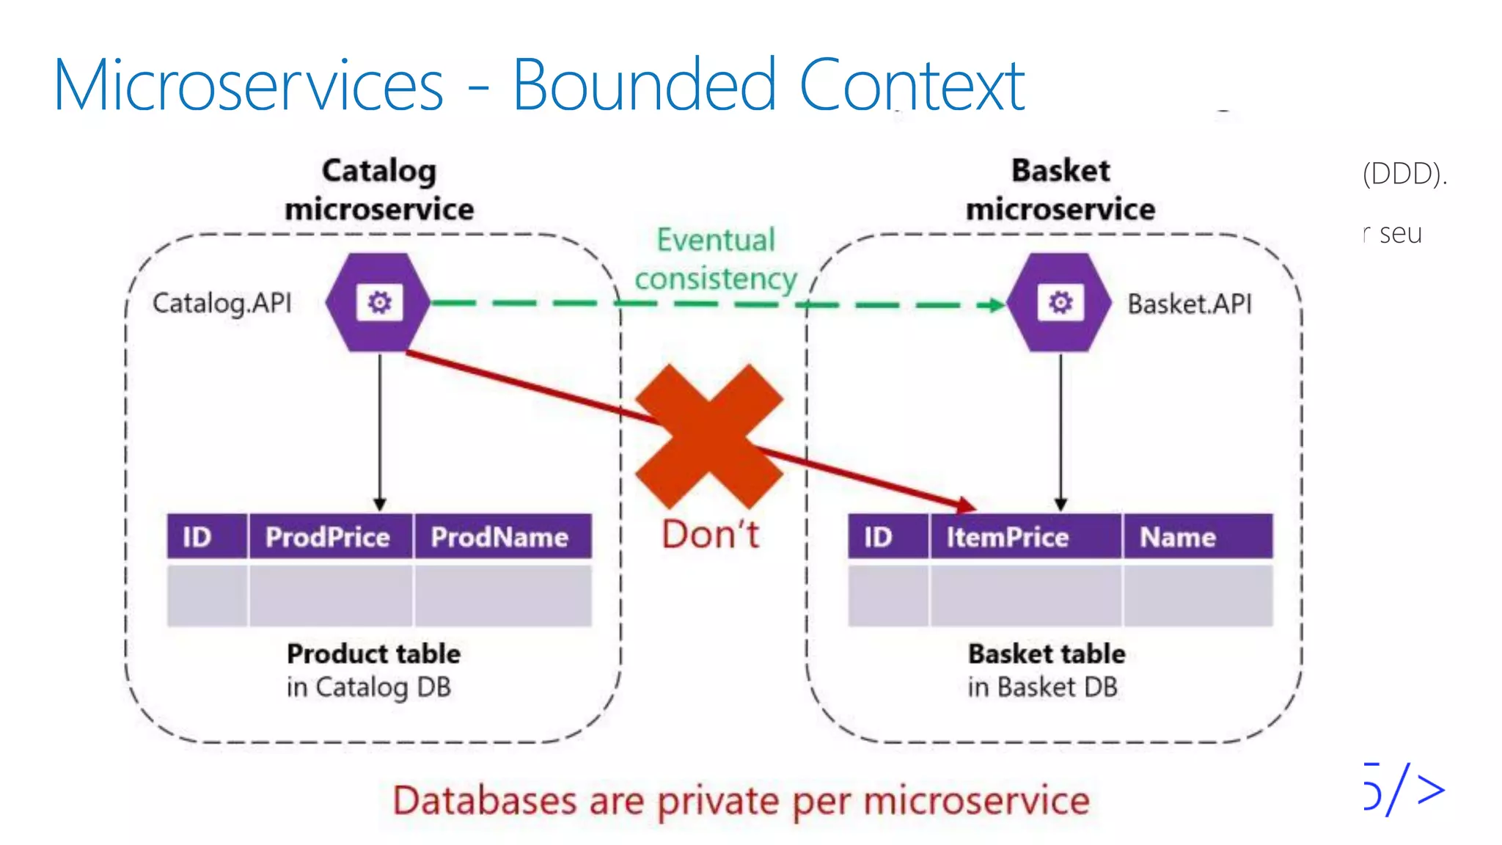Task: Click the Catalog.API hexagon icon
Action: [378, 302]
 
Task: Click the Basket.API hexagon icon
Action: [1060, 302]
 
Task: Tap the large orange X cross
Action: [709, 436]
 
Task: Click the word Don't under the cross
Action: [710, 534]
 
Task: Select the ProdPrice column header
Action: [328, 537]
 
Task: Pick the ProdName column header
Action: [499, 537]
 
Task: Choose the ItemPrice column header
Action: [1007, 537]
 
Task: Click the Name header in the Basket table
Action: [1178, 537]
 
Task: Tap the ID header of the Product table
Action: [197, 537]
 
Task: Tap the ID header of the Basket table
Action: [878, 537]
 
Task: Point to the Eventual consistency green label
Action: [716, 260]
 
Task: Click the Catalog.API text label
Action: [222, 303]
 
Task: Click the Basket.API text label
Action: [1190, 304]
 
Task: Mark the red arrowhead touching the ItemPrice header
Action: [967, 505]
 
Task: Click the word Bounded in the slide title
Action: [643, 86]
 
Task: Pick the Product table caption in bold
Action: [373, 653]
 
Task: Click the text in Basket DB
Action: [1042, 687]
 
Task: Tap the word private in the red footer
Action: [717, 800]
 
